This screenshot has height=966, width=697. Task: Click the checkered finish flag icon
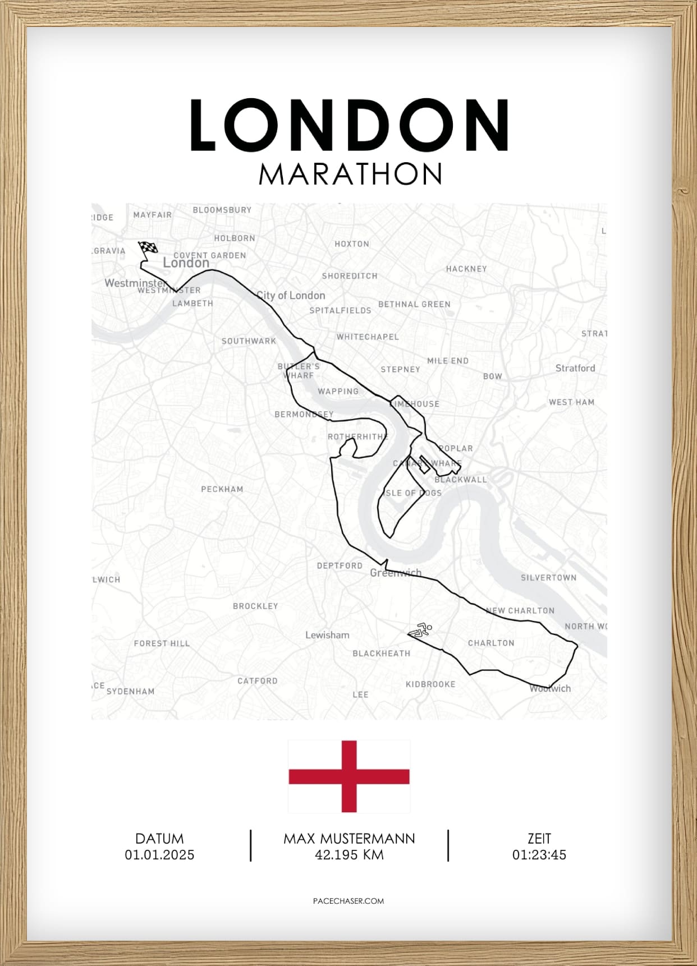(x=148, y=248)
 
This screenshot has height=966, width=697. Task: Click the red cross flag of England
(x=349, y=776)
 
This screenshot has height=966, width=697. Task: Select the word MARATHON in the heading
(x=350, y=174)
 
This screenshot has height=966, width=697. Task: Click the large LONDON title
(x=349, y=126)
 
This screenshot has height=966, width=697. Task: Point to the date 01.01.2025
(x=159, y=855)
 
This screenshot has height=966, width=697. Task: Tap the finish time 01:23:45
(x=539, y=855)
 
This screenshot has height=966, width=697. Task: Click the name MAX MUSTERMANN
(x=349, y=839)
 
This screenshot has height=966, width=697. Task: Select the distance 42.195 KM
(x=349, y=855)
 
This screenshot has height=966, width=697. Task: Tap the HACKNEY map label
(x=466, y=269)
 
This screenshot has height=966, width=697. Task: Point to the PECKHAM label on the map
(x=222, y=489)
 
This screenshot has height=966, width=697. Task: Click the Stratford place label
(x=575, y=368)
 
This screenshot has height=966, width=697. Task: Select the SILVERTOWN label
(x=548, y=577)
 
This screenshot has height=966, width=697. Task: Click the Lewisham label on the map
(x=327, y=635)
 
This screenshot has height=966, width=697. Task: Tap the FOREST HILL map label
(x=162, y=643)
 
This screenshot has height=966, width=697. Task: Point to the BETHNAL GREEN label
(x=414, y=304)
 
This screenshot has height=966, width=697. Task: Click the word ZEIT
(x=539, y=839)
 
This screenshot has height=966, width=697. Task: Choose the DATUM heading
(x=159, y=839)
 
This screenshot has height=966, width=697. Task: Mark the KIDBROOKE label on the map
(x=430, y=684)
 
